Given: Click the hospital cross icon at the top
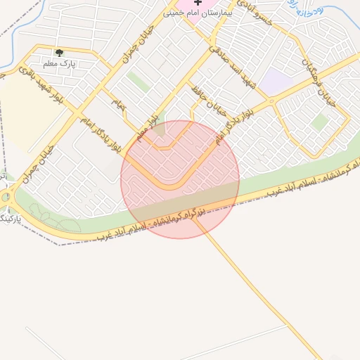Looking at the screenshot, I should (x=198, y=4).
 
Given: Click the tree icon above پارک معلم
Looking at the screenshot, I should (x=59, y=53).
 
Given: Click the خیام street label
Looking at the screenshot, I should (x=117, y=103).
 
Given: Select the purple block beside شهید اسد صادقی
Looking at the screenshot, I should (x=277, y=82).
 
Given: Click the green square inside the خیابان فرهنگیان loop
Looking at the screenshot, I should (x=320, y=122).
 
